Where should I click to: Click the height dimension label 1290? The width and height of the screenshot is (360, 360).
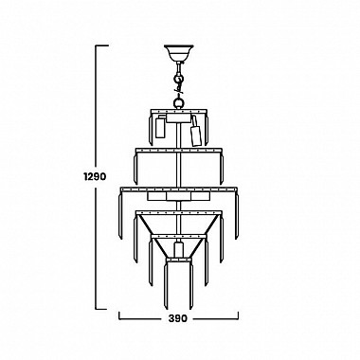point(95,176)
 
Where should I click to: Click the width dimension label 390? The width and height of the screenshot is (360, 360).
point(177,318)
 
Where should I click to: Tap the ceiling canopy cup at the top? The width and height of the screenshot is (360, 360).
point(179,53)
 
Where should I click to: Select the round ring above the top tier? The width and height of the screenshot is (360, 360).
point(179,103)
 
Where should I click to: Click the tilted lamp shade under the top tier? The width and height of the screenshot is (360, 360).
point(196,131)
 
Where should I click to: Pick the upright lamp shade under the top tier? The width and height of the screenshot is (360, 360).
point(160,127)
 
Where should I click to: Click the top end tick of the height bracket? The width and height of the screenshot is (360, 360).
point(102,45)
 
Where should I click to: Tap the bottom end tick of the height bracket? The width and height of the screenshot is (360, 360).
point(102,309)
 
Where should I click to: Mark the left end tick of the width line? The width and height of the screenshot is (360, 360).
point(119,315)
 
